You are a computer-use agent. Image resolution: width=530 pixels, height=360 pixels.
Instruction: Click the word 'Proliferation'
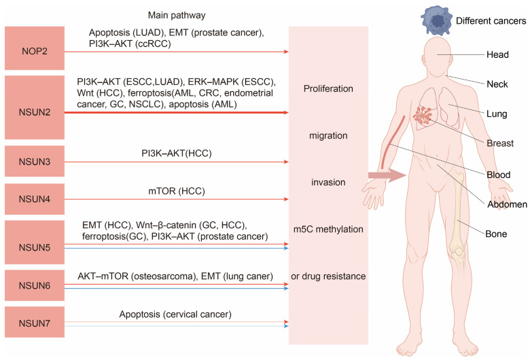pos(328,88)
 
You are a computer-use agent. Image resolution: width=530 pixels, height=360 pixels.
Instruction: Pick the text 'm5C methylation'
pos(328,229)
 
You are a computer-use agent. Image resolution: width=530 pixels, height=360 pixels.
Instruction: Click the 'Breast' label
pos(501,143)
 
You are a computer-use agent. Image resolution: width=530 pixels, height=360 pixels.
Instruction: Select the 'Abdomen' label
pos(506,203)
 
